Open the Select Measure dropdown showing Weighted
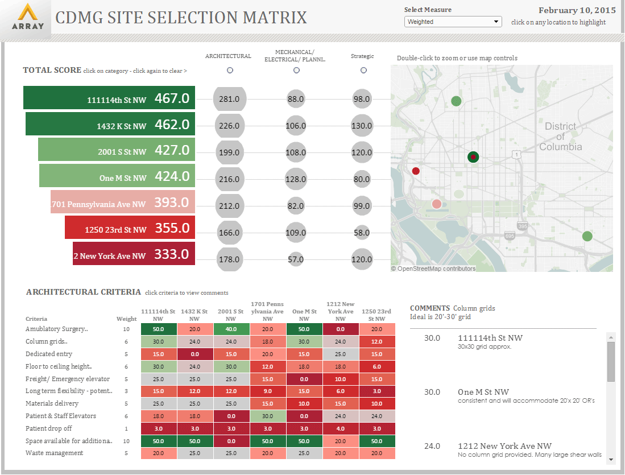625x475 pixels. click(x=453, y=22)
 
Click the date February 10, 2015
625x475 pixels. click(x=577, y=10)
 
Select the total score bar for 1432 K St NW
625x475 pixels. click(x=110, y=125)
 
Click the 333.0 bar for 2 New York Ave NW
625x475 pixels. click(x=134, y=254)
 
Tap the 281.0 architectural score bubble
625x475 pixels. click(x=229, y=99)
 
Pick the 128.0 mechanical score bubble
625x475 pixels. click(x=296, y=179)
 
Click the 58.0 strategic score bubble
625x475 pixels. click(x=362, y=232)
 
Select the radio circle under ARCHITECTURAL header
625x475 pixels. click(x=230, y=71)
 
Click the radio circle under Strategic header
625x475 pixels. click(x=363, y=71)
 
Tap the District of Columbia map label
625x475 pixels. click(x=560, y=137)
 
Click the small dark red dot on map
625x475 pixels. click(x=416, y=171)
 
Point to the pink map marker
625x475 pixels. click(x=436, y=204)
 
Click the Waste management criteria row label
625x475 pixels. click(x=55, y=453)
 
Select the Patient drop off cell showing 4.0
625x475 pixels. click(x=341, y=428)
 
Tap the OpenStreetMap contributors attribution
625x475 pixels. click(x=433, y=269)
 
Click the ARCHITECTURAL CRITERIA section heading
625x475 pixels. click(x=84, y=292)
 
